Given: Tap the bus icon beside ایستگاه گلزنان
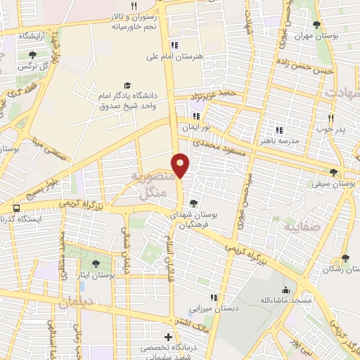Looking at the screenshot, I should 15,208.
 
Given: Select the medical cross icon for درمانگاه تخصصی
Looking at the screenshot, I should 167,337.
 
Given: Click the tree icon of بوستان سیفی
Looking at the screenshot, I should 333,172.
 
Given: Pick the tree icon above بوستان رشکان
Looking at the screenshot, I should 345,259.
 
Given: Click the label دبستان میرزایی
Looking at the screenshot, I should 210,308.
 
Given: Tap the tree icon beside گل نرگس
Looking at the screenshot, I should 32,54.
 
